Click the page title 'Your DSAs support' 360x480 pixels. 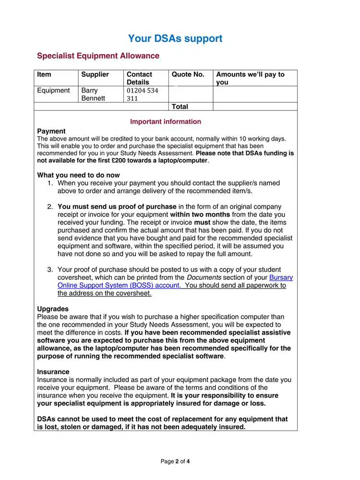(x=175, y=39)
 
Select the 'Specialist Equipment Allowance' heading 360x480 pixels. (x=98, y=56)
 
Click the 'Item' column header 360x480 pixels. (x=44, y=74)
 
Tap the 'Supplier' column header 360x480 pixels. (x=95, y=74)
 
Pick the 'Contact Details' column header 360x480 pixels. (x=139, y=78)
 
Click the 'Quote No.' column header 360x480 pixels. (x=188, y=74)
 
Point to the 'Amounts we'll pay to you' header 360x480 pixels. (x=250, y=78)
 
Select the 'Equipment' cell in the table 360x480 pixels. (x=53, y=90)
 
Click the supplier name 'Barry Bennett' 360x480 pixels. (x=93, y=94)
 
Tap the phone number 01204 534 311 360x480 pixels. (x=142, y=94)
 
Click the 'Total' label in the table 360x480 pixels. (x=180, y=107)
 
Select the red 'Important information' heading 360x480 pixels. (x=166, y=121)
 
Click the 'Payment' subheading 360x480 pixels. (x=51, y=131)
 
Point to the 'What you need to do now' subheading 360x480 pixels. (x=78, y=175)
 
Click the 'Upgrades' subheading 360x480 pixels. (x=53, y=309)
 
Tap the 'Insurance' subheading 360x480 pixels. (x=53, y=372)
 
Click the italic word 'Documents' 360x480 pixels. (x=204, y=277)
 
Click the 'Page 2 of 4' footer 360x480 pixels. (x=175, y=461)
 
